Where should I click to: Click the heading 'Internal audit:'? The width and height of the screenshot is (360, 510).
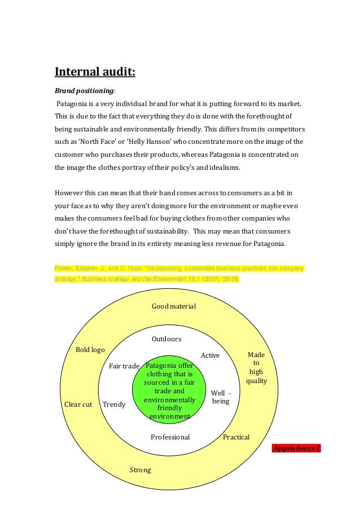click(x=95, y=72)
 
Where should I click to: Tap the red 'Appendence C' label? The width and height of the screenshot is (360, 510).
click(x=296, y=449)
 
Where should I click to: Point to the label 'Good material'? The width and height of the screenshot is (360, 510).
click(x=174, y=306)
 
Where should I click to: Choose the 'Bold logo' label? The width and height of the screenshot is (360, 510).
click(x=90, y=350)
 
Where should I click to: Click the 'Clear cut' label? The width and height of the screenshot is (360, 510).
click(x=78, y=405)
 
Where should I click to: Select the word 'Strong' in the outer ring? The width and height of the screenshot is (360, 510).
click(x=141, y=469)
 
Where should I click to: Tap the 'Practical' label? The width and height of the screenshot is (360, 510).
click(x=236, y=437)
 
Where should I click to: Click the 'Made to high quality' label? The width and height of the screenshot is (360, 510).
click(x=256, y=368)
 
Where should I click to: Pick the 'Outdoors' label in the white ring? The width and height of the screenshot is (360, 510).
click(x=166, y=339)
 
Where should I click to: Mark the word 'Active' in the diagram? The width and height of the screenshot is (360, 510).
click(x=210, y=355)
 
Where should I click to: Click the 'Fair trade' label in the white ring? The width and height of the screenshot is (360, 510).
click(x=124, y=366)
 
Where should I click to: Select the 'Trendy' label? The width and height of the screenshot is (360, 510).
click(x=115, y=405)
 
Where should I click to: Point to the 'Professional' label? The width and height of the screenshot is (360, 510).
click(x=170, y=437)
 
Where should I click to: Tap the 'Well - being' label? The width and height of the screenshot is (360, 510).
click(x=221, y=397)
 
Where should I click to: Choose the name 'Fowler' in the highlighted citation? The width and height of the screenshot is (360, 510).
click(x=64, y=269)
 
